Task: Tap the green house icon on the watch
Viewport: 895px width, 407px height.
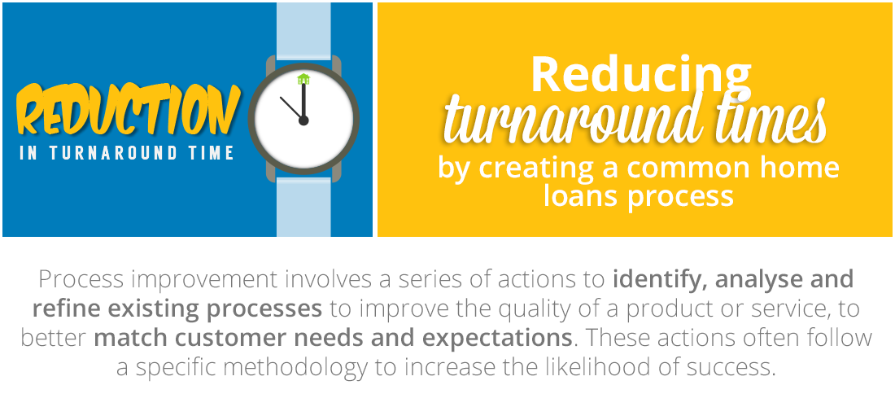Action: tap(303, 79)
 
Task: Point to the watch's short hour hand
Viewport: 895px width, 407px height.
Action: tap(291, 108)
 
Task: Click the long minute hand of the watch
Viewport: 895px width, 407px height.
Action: tap(303, 100)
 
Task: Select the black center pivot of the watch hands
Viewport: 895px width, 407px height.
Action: tap(303, 120)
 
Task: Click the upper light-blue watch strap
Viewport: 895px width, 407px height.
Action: tap(303, 29)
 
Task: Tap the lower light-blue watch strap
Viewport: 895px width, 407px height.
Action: tap(303, 207)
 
